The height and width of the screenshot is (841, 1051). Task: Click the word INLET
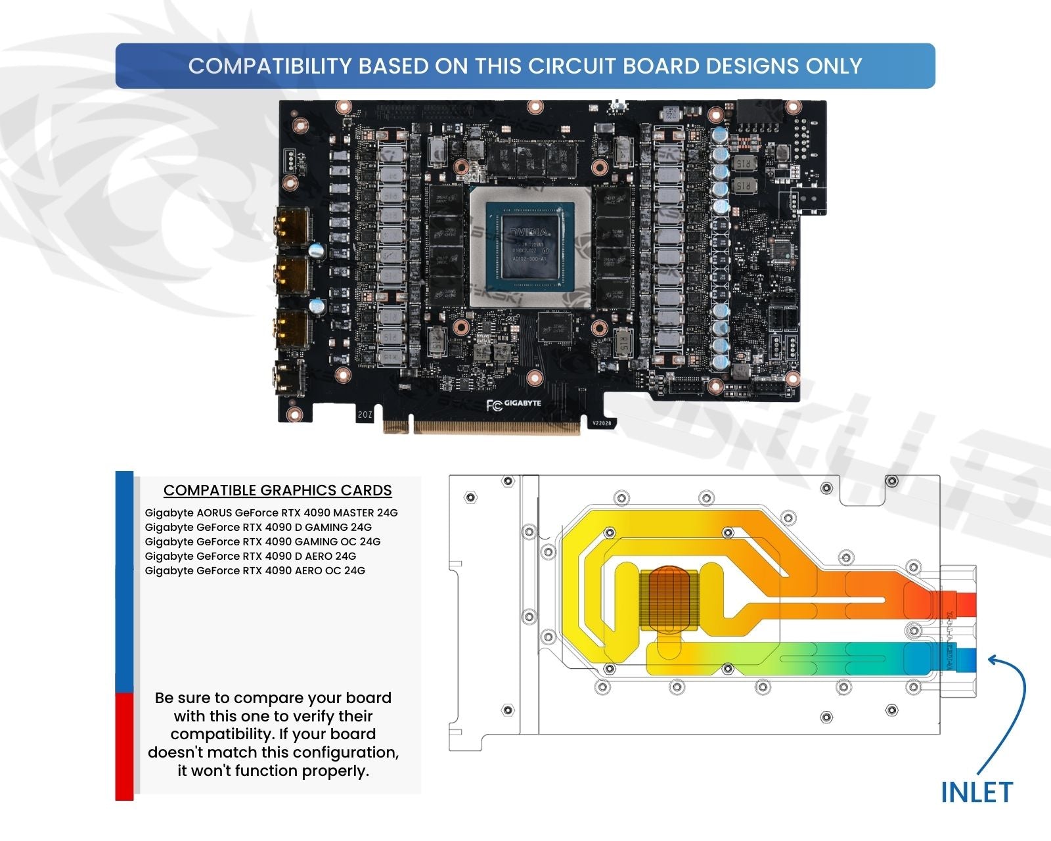977,792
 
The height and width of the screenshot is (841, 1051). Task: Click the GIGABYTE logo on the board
523,403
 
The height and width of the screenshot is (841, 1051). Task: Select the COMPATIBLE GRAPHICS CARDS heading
277,490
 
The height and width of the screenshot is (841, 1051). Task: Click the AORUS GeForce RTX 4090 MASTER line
271,512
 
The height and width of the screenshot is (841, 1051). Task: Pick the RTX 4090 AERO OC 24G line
255,570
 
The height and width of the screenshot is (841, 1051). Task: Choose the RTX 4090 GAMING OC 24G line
263,541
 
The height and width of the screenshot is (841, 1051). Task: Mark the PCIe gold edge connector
495,427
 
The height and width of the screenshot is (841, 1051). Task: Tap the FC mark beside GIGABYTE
493,405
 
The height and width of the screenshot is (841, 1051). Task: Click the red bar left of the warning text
124,746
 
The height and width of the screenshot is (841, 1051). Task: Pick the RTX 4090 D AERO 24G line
250,556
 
